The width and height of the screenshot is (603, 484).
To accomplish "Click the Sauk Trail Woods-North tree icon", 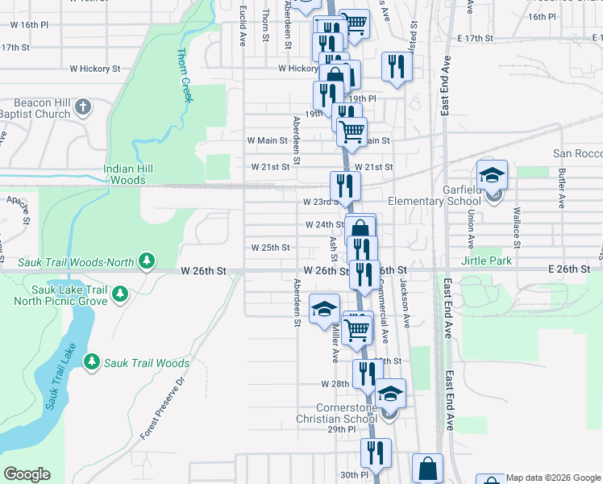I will [147, 260].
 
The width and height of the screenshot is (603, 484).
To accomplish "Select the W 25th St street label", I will [270, 248].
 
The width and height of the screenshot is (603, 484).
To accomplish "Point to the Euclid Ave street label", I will [243, 28].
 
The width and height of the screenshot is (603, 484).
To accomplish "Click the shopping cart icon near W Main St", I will [351, 130].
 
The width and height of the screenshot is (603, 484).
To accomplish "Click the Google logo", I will [27, 474].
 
